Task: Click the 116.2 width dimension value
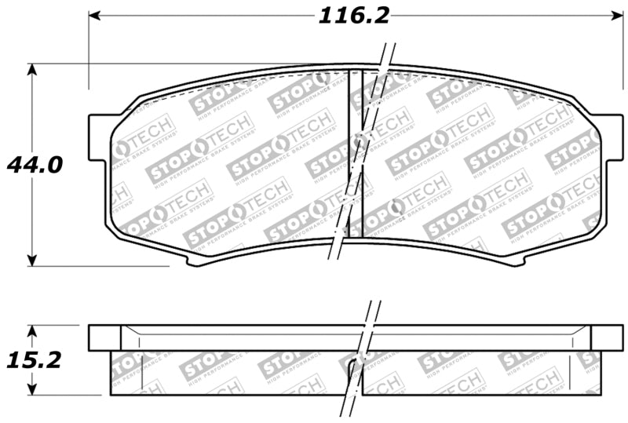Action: (353, 15)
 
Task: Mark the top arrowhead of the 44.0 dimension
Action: (32, 70)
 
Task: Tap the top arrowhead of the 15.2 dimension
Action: (32, 330)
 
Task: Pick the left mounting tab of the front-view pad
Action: (99, 138)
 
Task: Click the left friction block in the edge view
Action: (228, 373)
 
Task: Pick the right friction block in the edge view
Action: (479, 373)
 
